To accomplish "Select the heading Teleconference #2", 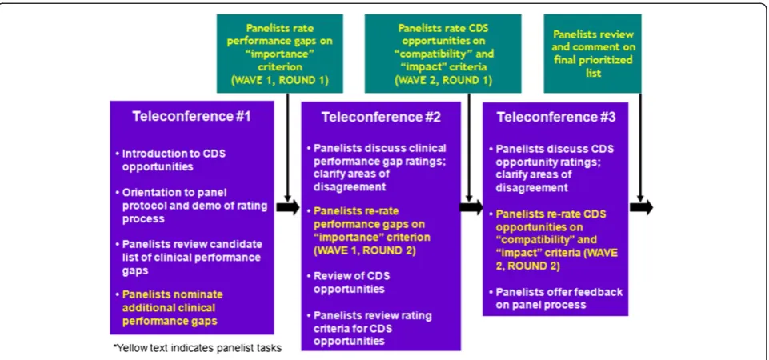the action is pos(381,118).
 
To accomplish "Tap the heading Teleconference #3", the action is pos(555,118).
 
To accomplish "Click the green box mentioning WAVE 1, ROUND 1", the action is pos(280,53).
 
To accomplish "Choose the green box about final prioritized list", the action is pos(592,53).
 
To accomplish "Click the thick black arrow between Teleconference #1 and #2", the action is pos(288,207).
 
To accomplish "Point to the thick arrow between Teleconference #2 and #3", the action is pos(471,207).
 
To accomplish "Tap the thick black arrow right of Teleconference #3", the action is pos(642,207).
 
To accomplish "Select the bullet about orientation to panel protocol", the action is pos(192,206).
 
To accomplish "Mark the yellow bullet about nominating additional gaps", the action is pos(169,308).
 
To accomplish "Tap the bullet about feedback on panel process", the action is pos(556,298).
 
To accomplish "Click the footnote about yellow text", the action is pos(198,349).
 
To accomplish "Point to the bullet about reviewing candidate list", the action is pos(189,257).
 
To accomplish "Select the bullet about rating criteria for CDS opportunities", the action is pos(370,328).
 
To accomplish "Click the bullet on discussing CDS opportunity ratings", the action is pos(551,168).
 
